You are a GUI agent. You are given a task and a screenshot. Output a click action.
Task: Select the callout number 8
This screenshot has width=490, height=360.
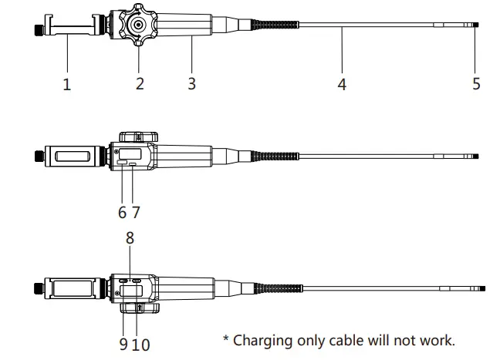[x=130, y=238]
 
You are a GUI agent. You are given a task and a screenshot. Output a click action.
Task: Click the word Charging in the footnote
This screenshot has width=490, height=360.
[x=264, y=340]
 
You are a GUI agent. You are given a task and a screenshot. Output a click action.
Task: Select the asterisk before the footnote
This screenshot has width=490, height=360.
[x=225, y=338]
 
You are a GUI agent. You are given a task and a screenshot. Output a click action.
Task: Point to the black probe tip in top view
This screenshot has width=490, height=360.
[x=476, y=25]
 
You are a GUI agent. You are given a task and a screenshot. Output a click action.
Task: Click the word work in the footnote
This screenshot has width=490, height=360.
[x=436, y=339]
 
